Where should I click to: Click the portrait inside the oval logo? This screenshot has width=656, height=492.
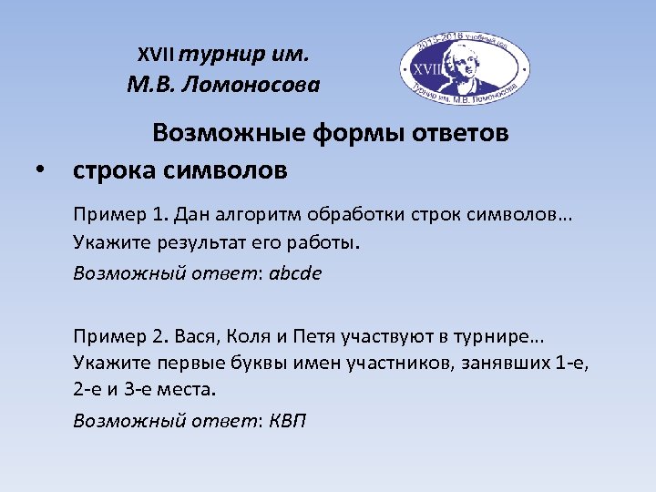pyautogui.click(x=470, y=67)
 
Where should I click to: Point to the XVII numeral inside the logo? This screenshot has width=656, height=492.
pyautogui.click(x=425, y=68)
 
